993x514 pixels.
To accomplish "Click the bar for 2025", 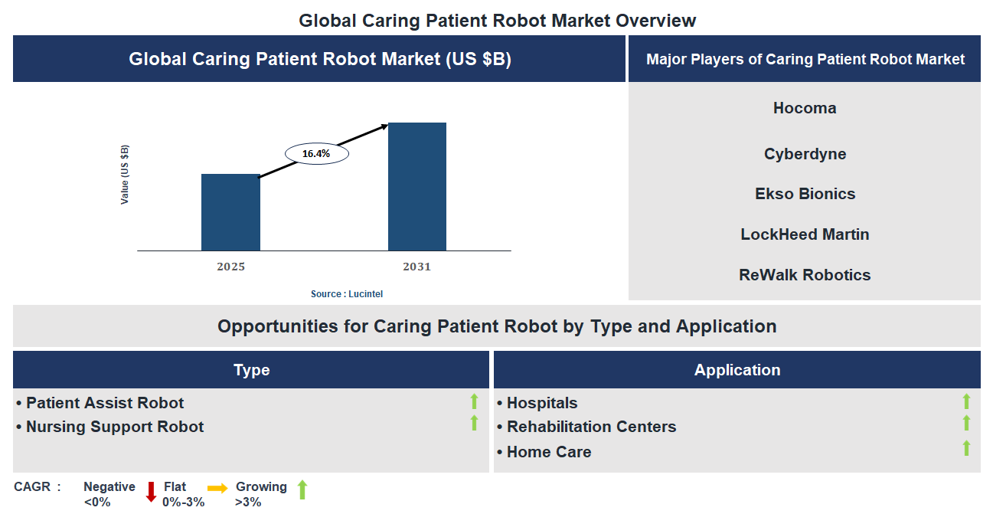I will click(x=230, y=212).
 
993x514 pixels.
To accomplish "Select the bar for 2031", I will click(x=417, y=186).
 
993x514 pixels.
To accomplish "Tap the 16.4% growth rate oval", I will click(x=316, y=154).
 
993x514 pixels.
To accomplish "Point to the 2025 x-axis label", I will click(x=230, y=267).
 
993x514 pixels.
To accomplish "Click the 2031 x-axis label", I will click(x=417, y=267).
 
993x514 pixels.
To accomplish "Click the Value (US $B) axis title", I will click(x=125, y=175).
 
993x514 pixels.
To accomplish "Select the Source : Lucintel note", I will click(x=346, y=294).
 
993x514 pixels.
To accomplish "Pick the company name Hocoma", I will click(x=804, y=108).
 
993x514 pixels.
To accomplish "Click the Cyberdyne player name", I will click(x=805, y=154).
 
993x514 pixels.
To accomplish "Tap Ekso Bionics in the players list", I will click(x=805, y=194).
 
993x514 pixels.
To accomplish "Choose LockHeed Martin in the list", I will click(x=805, y=234).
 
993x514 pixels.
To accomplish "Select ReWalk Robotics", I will click(x=805, y=275).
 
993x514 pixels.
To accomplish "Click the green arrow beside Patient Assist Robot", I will click(x=474, y=401).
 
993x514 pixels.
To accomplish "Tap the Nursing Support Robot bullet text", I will click(x=115, y=427).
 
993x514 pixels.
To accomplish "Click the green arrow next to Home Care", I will click(x=966, y=449).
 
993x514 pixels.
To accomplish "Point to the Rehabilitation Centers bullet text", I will click(x=591, y=427).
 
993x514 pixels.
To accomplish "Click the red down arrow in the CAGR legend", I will click(x=151, y=491).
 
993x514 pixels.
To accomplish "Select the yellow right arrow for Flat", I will click(x=217, y=488).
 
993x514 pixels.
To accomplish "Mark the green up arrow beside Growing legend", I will click(x=302, y=490).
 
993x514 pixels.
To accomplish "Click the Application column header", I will click(x=737, y=370).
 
